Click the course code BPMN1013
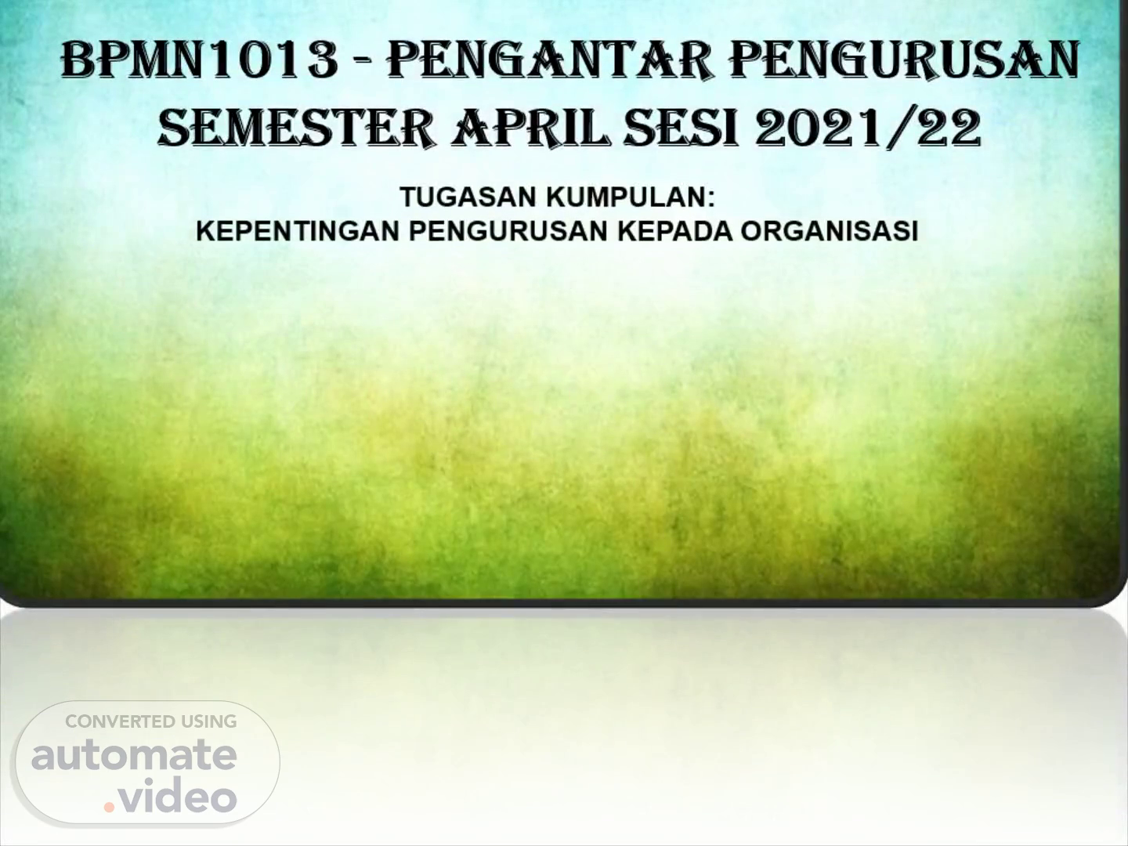pos(200,60)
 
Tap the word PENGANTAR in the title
pos(551,60)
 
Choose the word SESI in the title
pos(681,128)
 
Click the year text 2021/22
pos(868,128)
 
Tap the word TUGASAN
pos(468,197)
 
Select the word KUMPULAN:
pos(631,197)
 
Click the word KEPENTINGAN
pos(298,231)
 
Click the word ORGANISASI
pos(830,231)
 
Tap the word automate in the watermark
pos(134,756)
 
